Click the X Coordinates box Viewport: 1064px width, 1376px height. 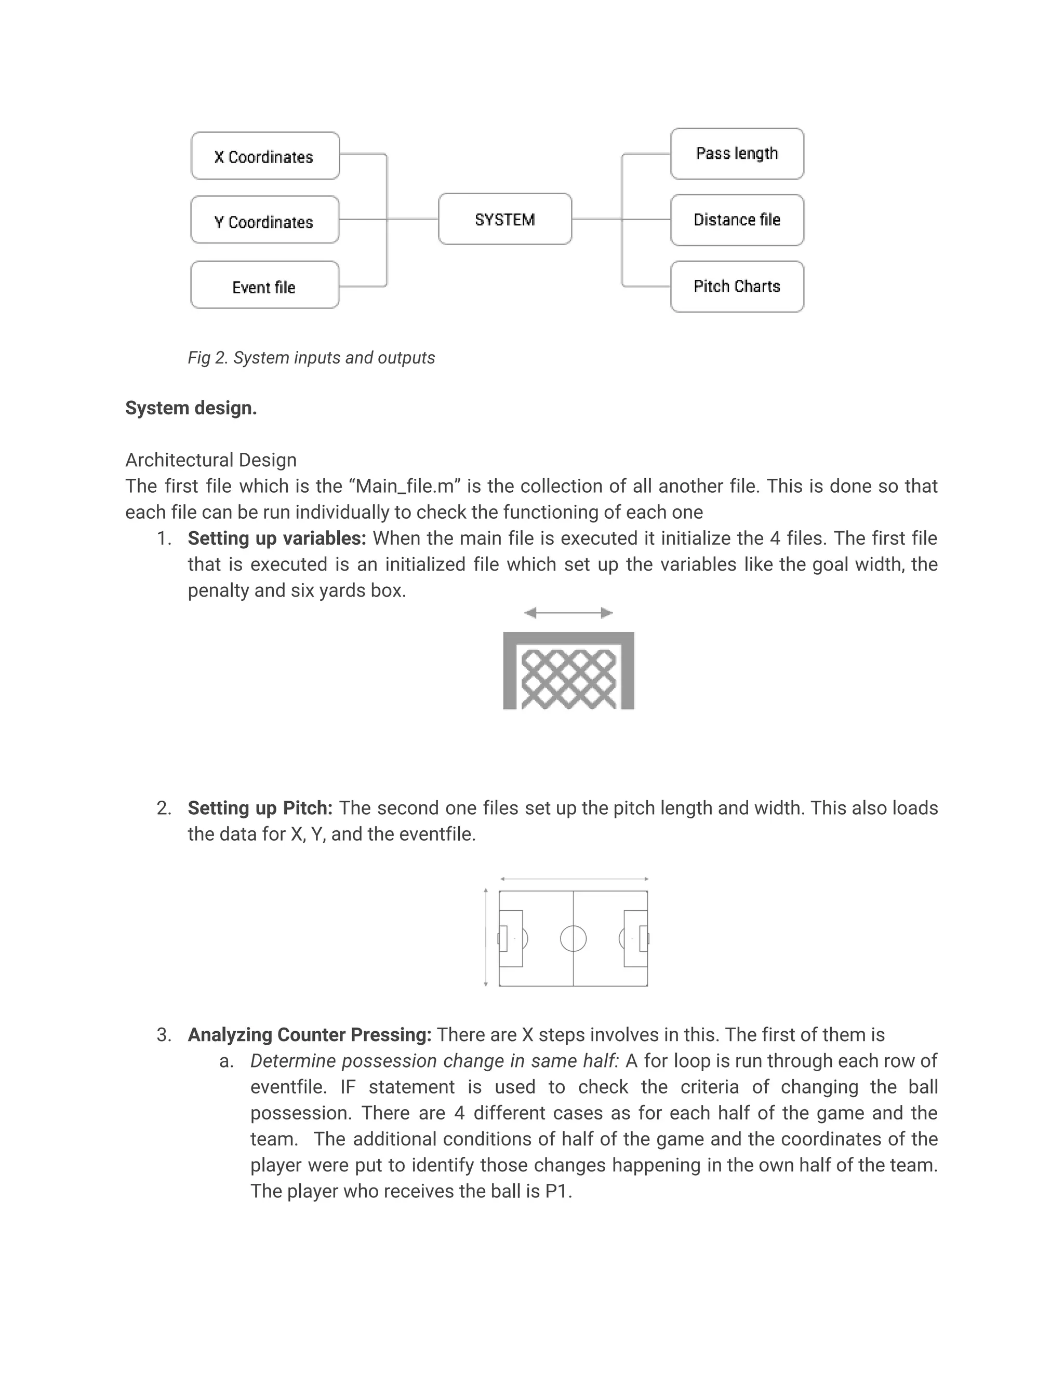[265, 156]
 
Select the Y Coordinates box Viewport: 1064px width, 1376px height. [265, 220]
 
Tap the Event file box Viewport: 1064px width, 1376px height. [265, 286]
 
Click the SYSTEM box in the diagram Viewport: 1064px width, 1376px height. [505, 219]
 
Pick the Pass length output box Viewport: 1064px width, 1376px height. [737, 154]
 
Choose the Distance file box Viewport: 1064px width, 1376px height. [737, 220]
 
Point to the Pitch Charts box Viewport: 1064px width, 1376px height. [737, 287]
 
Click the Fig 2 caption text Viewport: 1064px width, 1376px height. [311, 358]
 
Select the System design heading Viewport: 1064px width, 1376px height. [191, 408]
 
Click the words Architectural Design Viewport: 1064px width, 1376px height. [210, 460]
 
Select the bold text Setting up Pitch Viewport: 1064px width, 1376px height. [260, 808]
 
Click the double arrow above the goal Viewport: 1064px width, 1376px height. [568, 612]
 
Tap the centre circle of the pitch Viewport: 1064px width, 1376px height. [573, 938]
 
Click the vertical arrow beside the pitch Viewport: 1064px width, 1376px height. [485, 937]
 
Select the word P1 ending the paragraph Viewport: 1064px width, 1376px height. [556, 1191]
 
